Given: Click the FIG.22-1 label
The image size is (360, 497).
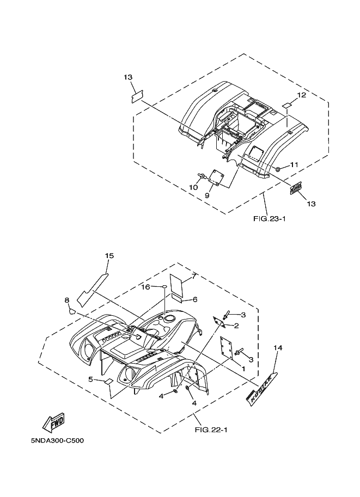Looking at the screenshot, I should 210,429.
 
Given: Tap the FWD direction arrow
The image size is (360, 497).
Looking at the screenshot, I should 53,419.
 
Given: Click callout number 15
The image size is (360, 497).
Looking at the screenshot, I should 109,255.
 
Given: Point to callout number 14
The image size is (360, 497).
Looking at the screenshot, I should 278,347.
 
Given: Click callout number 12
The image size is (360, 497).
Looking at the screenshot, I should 301,95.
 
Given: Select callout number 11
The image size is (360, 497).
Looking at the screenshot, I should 294,165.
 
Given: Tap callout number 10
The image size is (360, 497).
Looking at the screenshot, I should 192,187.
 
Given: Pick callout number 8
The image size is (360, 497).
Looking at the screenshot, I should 66,300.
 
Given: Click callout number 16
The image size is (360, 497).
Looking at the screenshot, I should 147,286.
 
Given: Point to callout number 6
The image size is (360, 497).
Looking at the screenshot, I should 194,299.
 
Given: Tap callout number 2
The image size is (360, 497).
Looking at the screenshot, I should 236,326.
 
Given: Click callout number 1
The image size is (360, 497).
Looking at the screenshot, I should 242,369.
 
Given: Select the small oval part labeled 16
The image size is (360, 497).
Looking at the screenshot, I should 161,287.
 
